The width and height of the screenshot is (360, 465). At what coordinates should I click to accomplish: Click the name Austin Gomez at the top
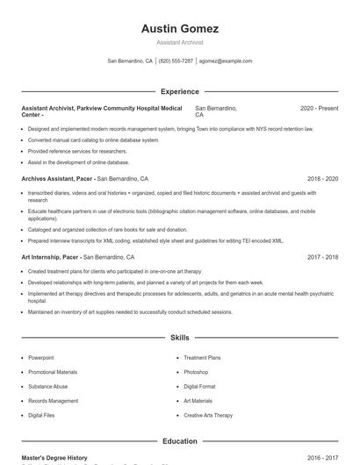(x=179, y=29)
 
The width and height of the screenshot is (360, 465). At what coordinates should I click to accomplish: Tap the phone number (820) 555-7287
(x=176, y=61)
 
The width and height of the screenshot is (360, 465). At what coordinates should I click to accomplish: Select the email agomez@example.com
(x=226, y=61)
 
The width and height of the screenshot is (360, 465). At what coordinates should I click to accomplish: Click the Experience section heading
(x=179, y=91)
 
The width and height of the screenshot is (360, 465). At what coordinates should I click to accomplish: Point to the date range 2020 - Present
(x=319, y=108)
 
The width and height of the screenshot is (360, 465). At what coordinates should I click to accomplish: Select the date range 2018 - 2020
(x=322, y=178)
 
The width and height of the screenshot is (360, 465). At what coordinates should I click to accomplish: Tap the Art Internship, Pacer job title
(x=51, y=257)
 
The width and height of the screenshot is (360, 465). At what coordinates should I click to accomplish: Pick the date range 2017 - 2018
(x=322, y=257)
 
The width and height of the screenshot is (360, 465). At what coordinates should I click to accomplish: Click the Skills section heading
(x=179, y=337)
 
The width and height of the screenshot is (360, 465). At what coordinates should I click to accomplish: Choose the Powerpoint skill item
(x=40, y=358)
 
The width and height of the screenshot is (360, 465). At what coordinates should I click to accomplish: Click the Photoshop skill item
(x=196, y=372)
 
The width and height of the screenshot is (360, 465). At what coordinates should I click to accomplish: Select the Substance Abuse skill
(x=47, y=386)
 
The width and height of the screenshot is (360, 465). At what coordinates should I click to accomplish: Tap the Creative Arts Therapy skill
(x=208, y=415)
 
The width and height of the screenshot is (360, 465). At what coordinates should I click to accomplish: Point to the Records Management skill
(x=52, y=400)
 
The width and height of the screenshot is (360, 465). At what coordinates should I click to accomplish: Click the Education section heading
(x=179, y=441)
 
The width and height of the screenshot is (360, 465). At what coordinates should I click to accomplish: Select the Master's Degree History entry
(x=54, y=458)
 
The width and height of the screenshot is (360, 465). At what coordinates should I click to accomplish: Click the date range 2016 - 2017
(x=322, y=458)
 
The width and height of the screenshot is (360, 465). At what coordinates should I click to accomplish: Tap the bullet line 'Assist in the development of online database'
(x=78, y=162)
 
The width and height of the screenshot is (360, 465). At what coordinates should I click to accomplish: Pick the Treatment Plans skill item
(x=202, y=358)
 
